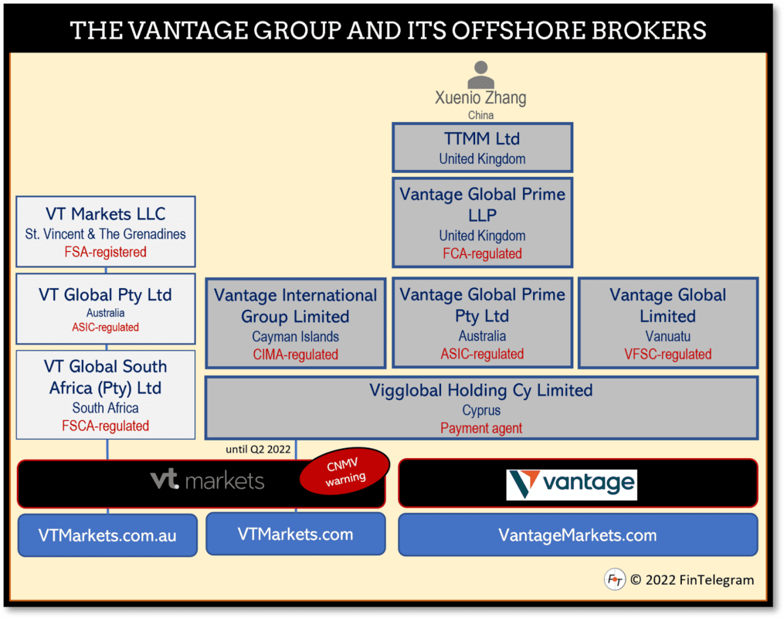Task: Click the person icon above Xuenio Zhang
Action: point(480,75)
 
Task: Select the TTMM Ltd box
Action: point(482,148)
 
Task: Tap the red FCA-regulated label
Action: point(482,253)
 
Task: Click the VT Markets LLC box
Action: point(106,231)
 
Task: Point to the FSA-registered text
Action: point(106,252)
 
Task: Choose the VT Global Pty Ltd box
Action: point(106,308)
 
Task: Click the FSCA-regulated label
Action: point(106,426)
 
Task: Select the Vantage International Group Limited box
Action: point(295,323)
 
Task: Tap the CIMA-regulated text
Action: point(295,355)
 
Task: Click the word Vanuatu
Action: point(667,336)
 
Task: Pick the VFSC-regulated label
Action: point(667,355)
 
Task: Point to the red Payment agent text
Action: point(481,428)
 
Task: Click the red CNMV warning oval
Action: point(344,469)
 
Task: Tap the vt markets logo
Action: point(207,480)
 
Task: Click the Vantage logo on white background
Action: point(572,484)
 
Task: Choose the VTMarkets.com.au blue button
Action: point(107,535)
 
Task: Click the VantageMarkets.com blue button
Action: point(577,535)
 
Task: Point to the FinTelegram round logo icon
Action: point(614,579)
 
